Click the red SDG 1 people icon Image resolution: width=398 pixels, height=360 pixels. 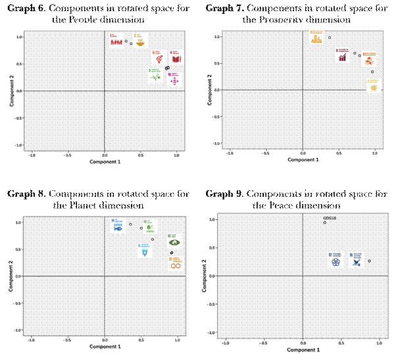pos(116,40)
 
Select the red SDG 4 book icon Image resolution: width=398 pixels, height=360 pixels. pos(176,57)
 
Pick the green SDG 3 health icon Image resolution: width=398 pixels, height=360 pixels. pos(155,75)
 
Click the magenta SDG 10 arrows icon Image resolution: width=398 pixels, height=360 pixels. pos(174,78)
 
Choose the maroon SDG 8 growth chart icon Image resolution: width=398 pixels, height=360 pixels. pos(342,55)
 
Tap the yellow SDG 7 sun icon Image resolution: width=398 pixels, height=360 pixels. pos(373,84)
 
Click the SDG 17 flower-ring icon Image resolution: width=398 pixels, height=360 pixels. pos(335,261)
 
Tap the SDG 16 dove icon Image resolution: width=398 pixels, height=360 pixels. pos(356,261)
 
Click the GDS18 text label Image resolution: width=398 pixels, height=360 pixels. pos(330,217)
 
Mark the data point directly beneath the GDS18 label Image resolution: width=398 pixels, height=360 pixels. pos(325,223)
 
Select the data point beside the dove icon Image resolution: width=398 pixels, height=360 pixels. pos(370,261)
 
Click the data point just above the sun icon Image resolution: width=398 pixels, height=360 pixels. pos(372,72)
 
